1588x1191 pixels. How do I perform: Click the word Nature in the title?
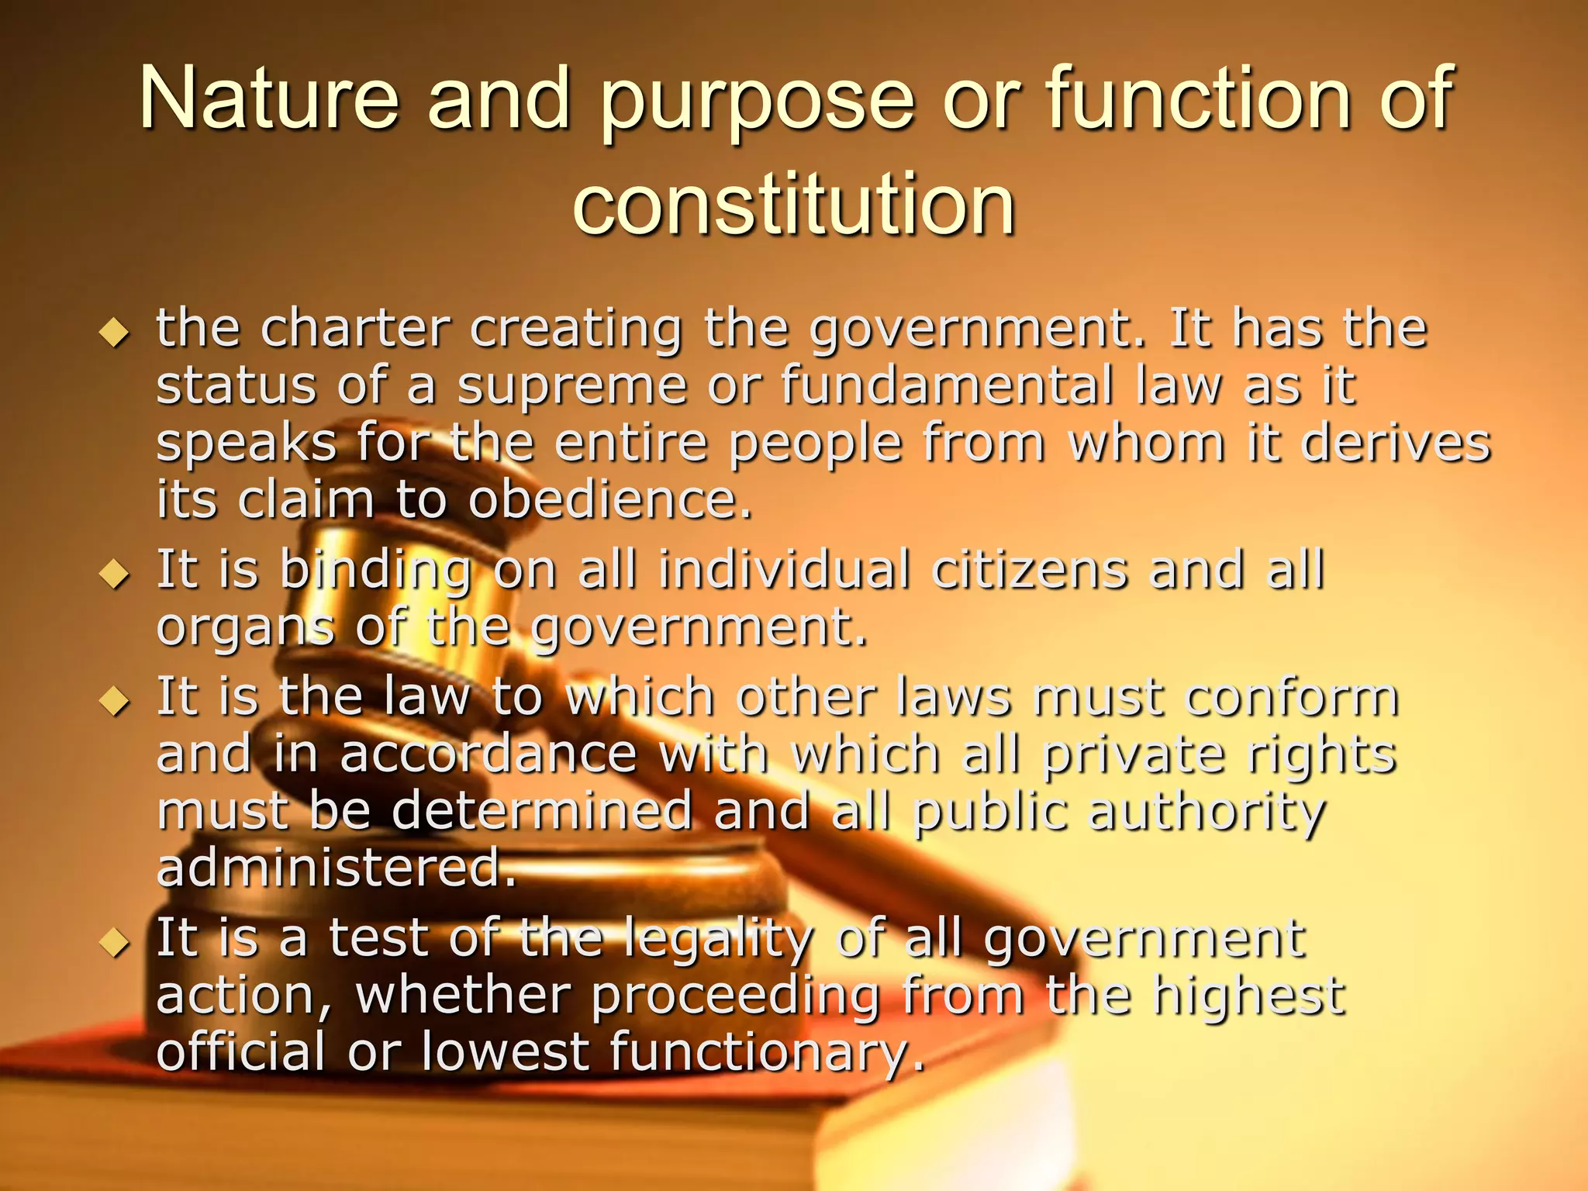268,98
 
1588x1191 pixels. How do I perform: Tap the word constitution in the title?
794,203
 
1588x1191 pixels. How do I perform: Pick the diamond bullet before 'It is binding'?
115,575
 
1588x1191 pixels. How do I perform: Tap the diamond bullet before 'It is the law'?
115,702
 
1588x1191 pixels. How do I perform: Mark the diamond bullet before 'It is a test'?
115,943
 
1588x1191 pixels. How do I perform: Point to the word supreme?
572,385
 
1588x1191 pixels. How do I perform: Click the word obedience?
609,499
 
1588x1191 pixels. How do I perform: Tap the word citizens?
1029,570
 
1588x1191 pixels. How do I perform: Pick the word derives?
1395,443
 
